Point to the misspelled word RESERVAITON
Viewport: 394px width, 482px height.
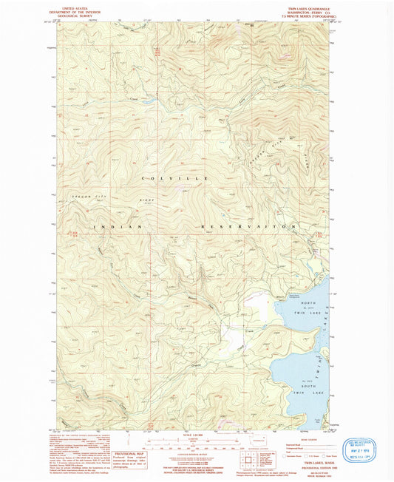[248, 225]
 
